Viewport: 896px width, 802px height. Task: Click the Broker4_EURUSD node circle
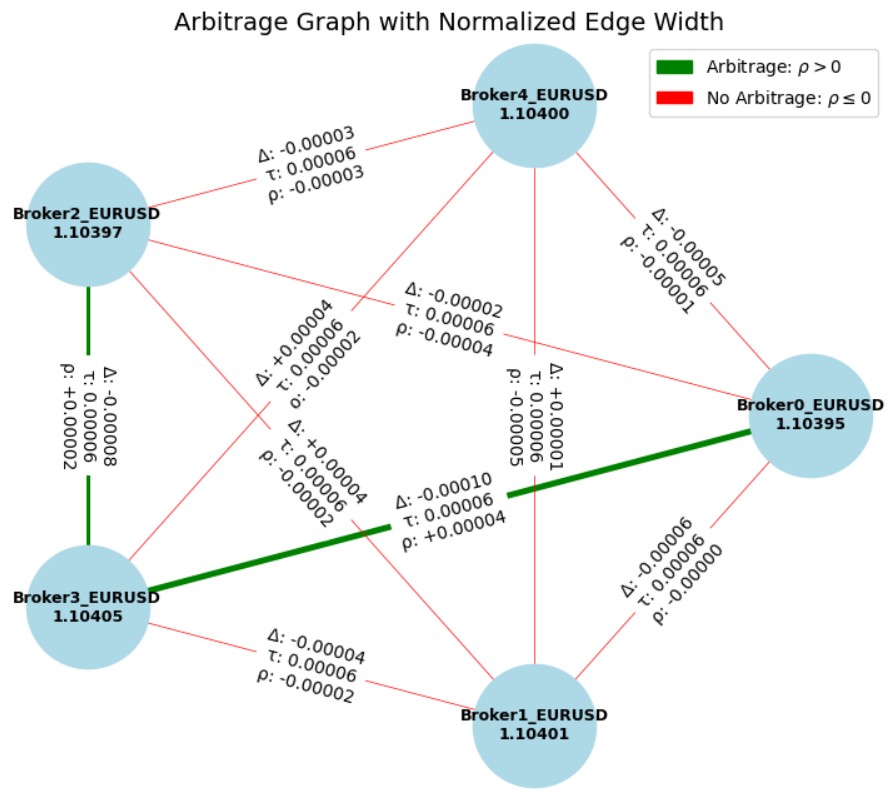[x=535, y=105]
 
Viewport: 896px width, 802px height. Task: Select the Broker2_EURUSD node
[x=88, y=224]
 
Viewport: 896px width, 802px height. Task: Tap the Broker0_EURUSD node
[x=810, y=415]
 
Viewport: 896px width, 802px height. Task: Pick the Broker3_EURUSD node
[x=88, y=607]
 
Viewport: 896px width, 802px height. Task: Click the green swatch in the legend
[x=674, y=67]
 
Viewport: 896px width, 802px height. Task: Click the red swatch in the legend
[x=674, y=97]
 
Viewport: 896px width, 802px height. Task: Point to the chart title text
[x=448, y=21]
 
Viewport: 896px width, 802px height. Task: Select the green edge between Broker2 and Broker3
[x=88, y=320]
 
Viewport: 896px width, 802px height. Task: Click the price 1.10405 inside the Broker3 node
[x=88, y=616]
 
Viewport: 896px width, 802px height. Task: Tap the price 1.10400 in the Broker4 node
[x=535, y=114]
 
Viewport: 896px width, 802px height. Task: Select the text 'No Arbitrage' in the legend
[x=750, y=98]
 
